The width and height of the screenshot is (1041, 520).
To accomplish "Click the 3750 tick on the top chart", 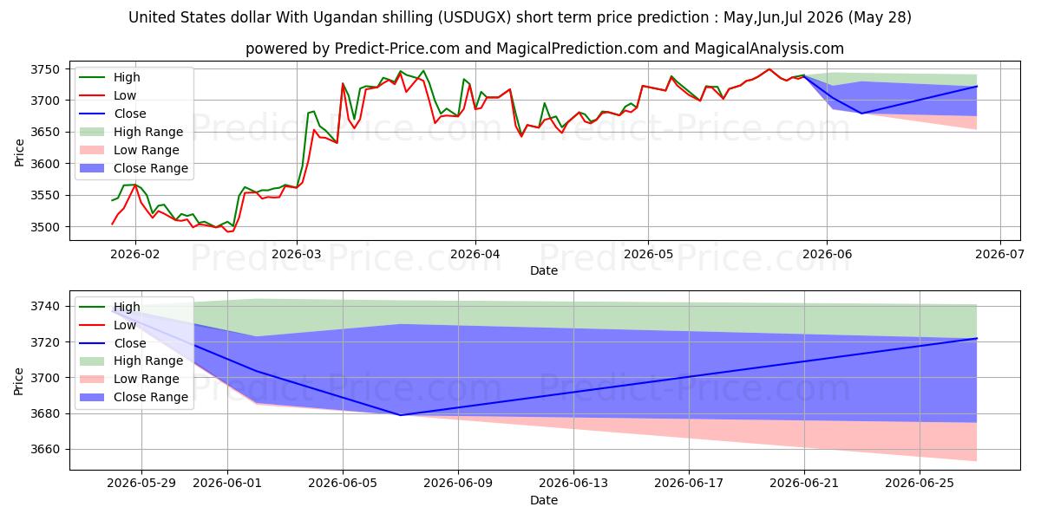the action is tap(45, 69).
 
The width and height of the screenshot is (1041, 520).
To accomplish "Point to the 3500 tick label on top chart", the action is tap(45, 227).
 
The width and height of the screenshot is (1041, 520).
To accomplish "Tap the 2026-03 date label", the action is tap(297, 255).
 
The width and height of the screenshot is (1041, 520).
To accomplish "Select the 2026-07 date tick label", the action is tap(999, 255).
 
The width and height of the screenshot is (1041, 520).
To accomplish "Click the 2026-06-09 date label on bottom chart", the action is tap(458, 484).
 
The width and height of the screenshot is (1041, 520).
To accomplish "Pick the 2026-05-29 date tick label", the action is tap(141, 484).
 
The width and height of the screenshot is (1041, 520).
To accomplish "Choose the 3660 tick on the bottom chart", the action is tap(45, 450).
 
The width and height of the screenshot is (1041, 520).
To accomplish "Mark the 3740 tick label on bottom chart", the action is tap(45, 307).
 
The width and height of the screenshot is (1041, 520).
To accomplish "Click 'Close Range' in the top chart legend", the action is tap(151, 168).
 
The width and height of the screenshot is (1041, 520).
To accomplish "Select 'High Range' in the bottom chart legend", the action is tap(148, 361).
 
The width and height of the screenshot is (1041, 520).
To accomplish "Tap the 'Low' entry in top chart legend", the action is tap(125, 95).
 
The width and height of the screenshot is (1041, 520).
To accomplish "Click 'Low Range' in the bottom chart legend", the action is tap(147, 379).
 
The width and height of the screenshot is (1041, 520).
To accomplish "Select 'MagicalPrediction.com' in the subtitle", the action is tap(577, 49).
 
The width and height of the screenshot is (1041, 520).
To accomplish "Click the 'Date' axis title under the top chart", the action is tap(544, 270).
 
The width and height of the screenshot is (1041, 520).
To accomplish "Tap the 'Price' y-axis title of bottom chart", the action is tap(18, 381).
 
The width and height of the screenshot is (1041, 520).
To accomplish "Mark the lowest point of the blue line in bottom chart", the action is tap(401, 415).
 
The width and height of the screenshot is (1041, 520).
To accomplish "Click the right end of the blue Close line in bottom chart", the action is tap(977, 339).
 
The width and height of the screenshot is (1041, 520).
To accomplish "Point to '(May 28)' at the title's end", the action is tap(880, 17).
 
